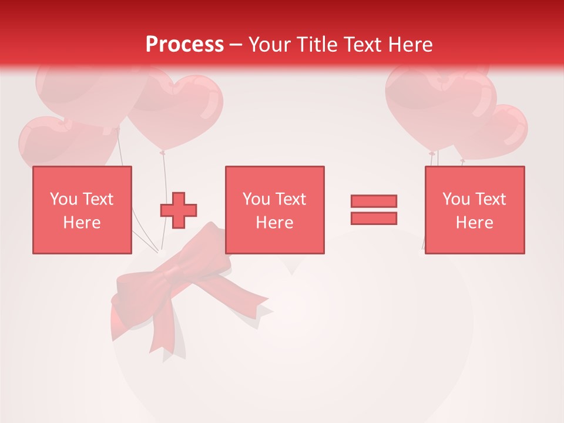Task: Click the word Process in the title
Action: (184, 44)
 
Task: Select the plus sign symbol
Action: (179, 210)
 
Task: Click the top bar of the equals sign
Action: (374, 201)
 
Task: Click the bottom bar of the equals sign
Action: (374, 218)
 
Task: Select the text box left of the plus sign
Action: (82, 210)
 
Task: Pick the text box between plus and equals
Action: (274, 210)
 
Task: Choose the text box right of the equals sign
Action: (474, 210)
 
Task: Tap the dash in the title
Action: (236, 45)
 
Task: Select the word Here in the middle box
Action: (274, 223)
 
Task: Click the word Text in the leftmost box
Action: (98, 199)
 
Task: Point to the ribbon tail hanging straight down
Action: (161, 341)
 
